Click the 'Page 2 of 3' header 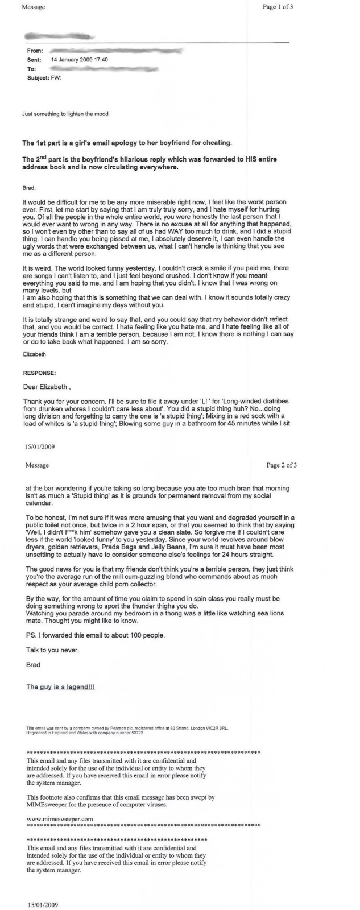(x=282, y=465)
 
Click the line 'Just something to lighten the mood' (x=65, y=114)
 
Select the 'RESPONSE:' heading (x=39, y=373)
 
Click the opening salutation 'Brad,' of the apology (x=29, y=185)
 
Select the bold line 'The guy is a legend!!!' (x=61, y=687)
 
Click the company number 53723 (x=135, y=733)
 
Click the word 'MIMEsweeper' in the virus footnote (x=47, y=804)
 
